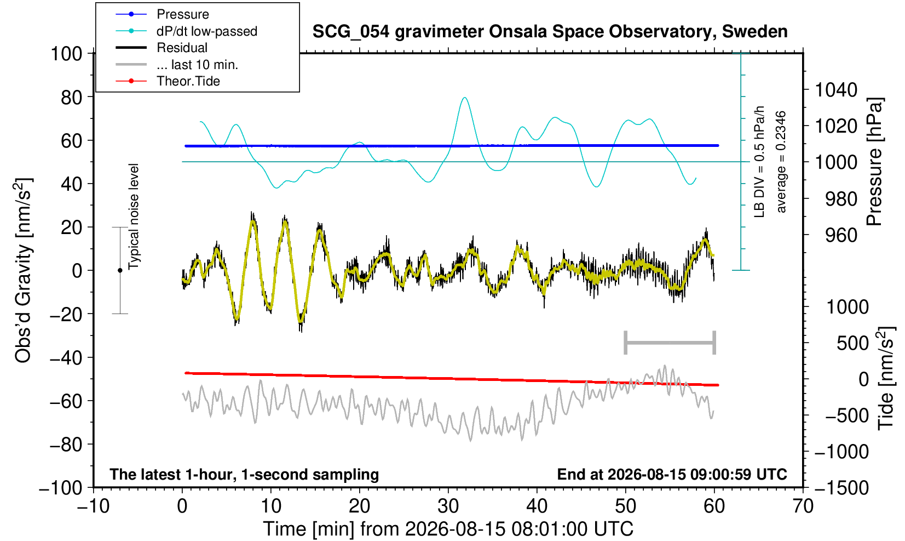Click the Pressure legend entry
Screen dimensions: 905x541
163,15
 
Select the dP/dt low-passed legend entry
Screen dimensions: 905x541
186,31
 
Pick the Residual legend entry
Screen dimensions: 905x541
162,48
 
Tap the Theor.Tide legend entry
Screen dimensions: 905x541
168,81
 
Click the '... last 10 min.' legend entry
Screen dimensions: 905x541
176,64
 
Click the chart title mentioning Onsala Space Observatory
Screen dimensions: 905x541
550,32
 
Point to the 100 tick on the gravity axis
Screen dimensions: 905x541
66,54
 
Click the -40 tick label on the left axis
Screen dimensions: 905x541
66,357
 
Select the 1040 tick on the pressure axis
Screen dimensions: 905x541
836,90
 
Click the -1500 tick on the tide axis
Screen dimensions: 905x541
841,488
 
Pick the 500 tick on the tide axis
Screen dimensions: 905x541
852,343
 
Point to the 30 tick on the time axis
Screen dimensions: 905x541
448,506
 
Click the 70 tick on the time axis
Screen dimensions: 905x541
803,506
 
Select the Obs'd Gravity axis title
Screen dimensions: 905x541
23,270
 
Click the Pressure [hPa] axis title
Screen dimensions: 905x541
875,162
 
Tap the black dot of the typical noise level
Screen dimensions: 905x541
120,270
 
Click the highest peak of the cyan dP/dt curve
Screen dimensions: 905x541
465,98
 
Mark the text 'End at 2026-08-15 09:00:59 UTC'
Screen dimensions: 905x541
672,474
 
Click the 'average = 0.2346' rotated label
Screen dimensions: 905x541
781,162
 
